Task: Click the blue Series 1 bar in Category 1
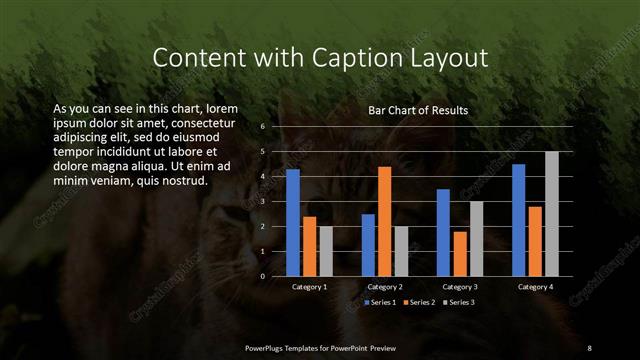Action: (293, 222)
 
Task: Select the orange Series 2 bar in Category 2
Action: (385, 221)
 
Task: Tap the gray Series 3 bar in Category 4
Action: (551, 213)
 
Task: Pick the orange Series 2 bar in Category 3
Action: (460, 253)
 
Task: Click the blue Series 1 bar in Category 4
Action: (518, 220)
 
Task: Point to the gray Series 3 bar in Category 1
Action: (326, 251)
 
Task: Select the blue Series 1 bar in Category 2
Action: (368, 244)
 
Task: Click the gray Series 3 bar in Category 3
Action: (476, 238)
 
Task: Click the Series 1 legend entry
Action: (382, 301)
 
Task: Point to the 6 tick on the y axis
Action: (262, 127)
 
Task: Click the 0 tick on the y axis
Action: (262, 276)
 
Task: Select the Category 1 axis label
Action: (310, 287)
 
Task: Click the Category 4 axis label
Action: (535, 287)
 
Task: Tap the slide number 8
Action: (589, 347)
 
